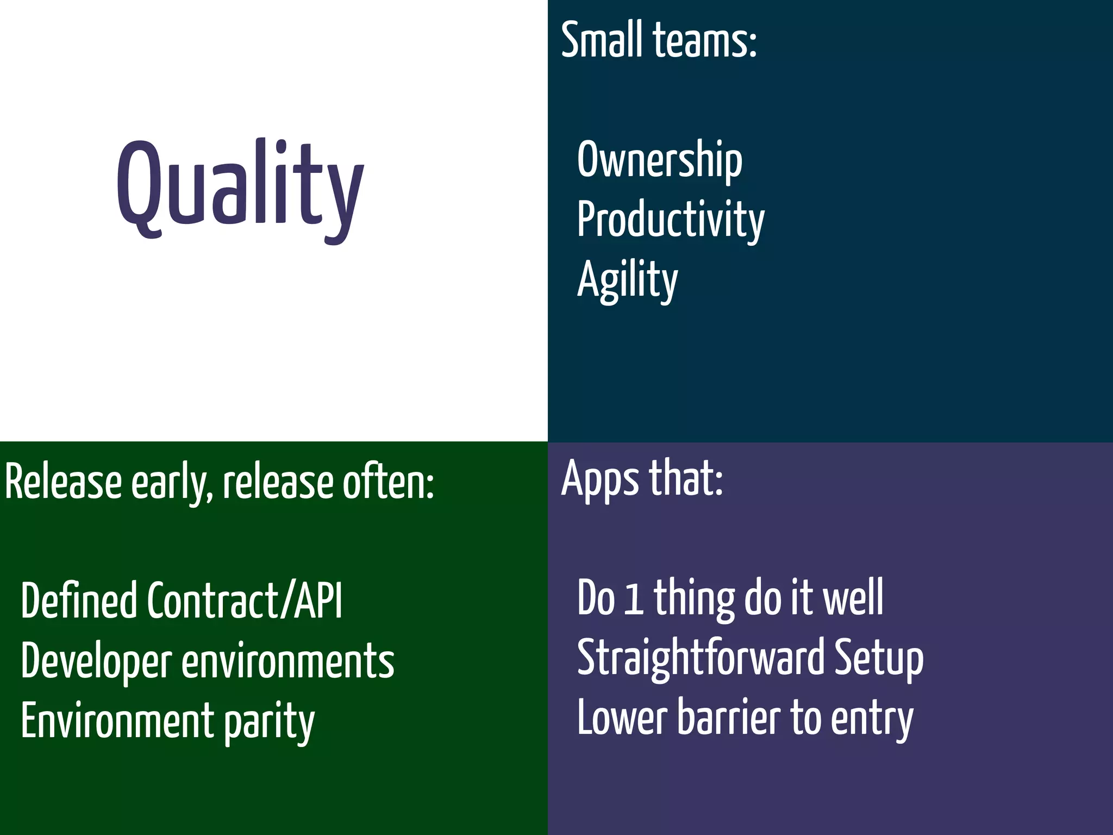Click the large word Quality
click(x=240, y=188)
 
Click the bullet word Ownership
click(x=659, y=159)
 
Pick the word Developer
click(x=96, y=661)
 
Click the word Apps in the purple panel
click(x=601, y=478)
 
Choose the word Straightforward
click(x=701, y=658)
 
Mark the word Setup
click(x=878, y=658)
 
